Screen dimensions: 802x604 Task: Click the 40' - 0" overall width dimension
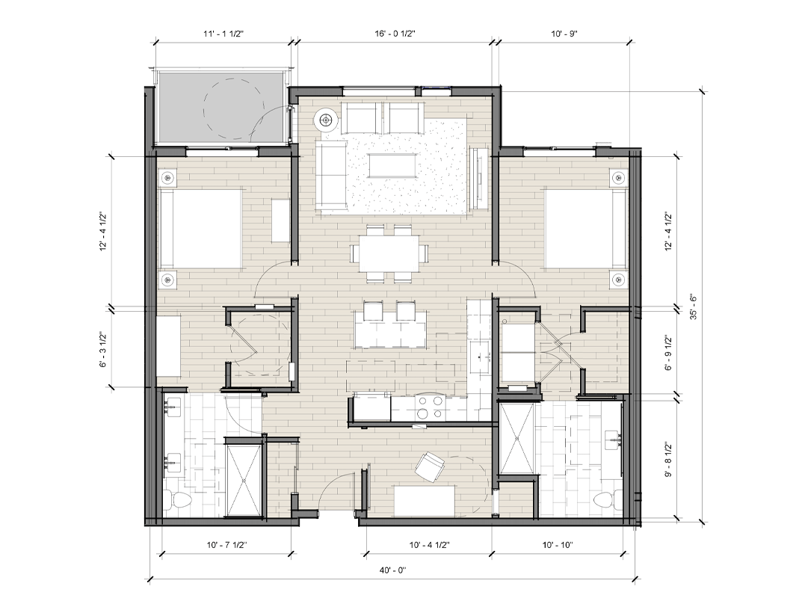[394, 570]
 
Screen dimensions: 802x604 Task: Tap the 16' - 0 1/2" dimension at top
[395, 34]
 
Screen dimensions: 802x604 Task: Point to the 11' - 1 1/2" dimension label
[223, 34]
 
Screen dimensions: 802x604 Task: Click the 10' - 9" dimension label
[564, 34]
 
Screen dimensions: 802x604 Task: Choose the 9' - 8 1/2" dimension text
[668, 459]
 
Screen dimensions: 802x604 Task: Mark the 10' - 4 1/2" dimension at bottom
[429, 545]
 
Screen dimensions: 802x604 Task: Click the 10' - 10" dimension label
[558, 545]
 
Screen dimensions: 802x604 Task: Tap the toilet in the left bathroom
[177, 501]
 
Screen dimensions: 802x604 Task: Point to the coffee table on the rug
[393, 165]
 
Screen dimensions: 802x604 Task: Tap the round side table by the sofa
[325, 120]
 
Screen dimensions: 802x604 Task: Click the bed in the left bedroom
[200, 228]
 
